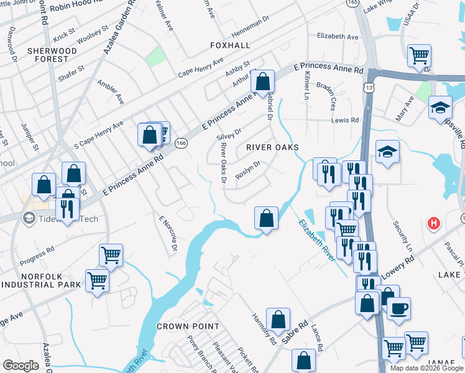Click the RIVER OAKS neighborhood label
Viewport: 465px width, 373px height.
tap(272, 147)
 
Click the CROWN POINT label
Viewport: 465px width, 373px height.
tap(188, 326)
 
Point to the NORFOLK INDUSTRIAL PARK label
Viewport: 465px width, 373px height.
tap(42, 280)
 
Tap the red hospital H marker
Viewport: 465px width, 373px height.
tap(434, 223)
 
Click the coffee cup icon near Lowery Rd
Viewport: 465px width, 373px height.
tap(398, 308)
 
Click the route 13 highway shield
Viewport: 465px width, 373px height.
tap(369, 88)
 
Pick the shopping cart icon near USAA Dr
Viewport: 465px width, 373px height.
tap(419, 55)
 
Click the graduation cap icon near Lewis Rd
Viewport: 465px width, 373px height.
tap(387, 151)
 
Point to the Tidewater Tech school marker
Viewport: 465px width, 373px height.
tap(29, 218)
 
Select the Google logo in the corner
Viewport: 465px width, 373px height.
tap(20, 365)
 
